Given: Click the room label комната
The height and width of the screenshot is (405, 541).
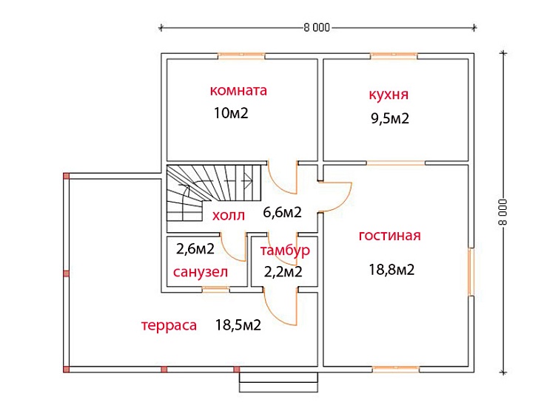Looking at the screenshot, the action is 238,90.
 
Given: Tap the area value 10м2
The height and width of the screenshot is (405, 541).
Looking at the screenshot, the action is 231,113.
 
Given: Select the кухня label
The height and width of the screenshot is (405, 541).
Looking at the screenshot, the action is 389,95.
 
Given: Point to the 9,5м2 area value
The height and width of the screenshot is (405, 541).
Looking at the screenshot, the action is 390,118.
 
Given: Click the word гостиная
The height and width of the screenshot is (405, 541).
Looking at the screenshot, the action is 390,236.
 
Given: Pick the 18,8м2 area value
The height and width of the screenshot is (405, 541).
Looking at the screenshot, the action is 392,269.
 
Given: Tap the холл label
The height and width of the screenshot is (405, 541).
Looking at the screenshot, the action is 229,215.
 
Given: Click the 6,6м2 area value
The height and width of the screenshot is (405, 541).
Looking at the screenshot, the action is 282,212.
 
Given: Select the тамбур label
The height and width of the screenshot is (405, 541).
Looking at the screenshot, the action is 285,251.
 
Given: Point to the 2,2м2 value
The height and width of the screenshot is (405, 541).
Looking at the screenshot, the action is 283,272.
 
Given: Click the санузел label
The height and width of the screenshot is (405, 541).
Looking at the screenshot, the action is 201,272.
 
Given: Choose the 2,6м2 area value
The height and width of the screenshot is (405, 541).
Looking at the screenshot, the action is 195,248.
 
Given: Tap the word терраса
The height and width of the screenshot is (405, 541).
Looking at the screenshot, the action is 169,325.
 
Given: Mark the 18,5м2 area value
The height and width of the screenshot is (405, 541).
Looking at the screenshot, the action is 238,324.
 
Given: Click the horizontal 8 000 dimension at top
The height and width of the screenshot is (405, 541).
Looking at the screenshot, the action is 317,27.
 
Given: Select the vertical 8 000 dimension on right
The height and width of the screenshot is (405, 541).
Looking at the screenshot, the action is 503,212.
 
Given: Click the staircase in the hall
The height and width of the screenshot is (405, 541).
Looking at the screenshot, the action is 214,193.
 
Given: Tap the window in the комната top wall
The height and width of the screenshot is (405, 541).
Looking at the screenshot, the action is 241,56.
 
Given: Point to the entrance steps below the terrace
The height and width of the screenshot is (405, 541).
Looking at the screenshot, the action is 278,382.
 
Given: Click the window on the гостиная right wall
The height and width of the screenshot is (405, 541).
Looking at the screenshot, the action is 471,272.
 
